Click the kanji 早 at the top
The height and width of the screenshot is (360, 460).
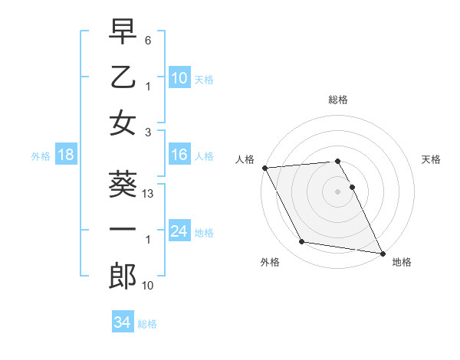point(123,33)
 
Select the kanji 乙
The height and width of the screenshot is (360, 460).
point(123,77)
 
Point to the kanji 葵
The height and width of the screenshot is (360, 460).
point(123,185)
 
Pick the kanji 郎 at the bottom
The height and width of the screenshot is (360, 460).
point(123,277)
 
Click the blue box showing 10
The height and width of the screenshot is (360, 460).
point(179,78)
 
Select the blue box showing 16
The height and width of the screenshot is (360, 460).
point(179,155)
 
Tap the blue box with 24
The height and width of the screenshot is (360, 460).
point(179,231)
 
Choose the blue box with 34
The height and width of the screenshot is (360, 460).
point(123,322)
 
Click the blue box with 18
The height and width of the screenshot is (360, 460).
point(65,155)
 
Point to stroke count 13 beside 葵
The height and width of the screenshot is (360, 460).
point(149,195)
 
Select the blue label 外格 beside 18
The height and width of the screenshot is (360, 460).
point(41,156)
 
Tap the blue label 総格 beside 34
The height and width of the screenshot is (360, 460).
point(147,324)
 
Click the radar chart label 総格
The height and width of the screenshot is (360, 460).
point(338,100)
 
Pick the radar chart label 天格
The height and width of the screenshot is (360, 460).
point(432,159)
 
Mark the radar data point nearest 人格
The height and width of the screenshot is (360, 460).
point(264,168)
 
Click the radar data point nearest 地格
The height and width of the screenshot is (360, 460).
point(382,252)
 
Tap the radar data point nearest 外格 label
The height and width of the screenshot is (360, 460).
point(302,242)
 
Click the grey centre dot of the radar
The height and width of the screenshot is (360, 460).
point(338,191)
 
